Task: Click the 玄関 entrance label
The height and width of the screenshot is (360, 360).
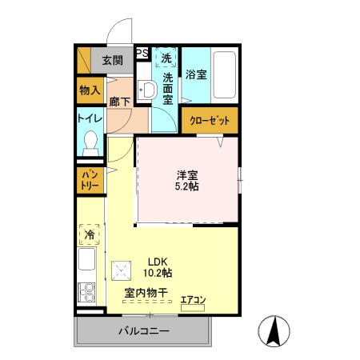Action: [113, 60]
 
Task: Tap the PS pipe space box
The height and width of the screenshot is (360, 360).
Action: [142, 54]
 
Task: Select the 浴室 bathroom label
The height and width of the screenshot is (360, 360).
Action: [196, 74]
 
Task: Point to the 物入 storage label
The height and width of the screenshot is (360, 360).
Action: [90, 91]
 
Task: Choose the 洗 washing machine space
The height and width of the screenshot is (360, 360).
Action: [166, 58]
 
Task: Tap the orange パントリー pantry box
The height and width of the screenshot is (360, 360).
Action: [89, 181]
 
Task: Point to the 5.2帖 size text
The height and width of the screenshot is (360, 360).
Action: [188, 186]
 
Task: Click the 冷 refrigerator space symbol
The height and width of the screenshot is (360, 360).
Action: [90, 236]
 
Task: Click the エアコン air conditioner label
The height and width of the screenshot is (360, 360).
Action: [193, 301]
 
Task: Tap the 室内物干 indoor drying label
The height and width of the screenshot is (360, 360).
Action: [146, 294]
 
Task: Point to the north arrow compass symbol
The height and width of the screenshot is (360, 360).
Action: [274, 330]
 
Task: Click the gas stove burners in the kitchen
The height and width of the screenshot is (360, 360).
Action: [86, 292]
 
